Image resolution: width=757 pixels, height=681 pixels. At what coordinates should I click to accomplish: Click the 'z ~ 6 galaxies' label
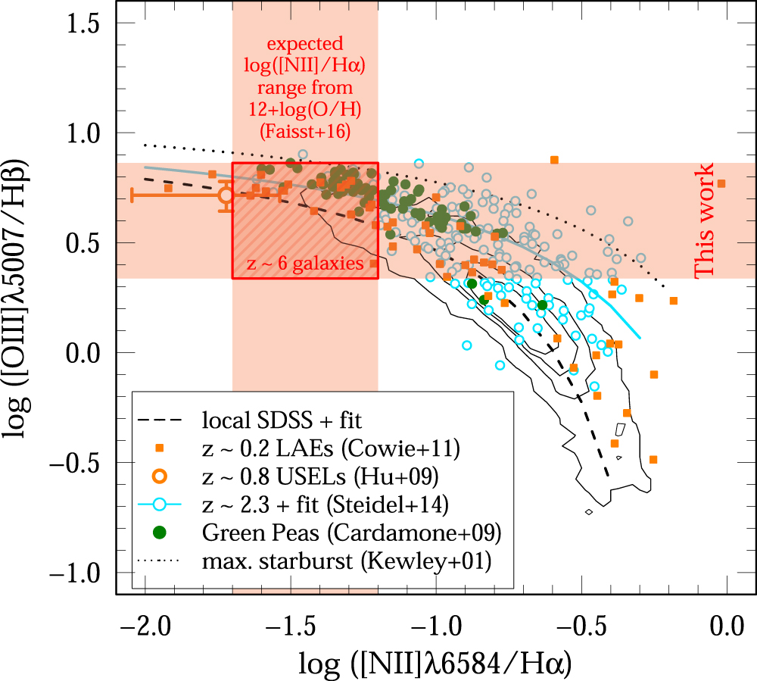(x=304, y=264)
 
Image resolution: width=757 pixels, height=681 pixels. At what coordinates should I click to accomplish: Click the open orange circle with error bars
(x=226, y=195)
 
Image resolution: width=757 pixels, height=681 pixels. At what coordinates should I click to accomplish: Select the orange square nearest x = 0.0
(x=721, y=183)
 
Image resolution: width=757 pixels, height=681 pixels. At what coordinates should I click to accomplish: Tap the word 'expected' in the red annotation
(x=305, y=44)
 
